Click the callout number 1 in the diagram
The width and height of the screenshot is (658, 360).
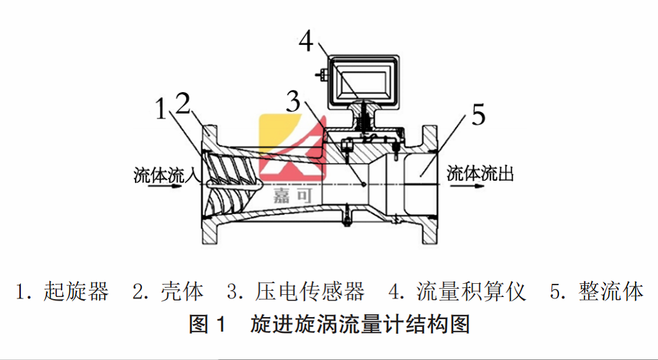point(161,109)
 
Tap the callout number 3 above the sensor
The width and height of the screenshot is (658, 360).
point(294,103)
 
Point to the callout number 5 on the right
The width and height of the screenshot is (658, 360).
point(479,116)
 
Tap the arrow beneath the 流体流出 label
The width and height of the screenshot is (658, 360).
point(480,184)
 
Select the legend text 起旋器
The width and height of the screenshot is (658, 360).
point(76,291)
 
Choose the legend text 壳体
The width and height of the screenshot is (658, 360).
point(182,291)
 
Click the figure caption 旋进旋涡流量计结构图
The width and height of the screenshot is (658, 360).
point(360,323)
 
